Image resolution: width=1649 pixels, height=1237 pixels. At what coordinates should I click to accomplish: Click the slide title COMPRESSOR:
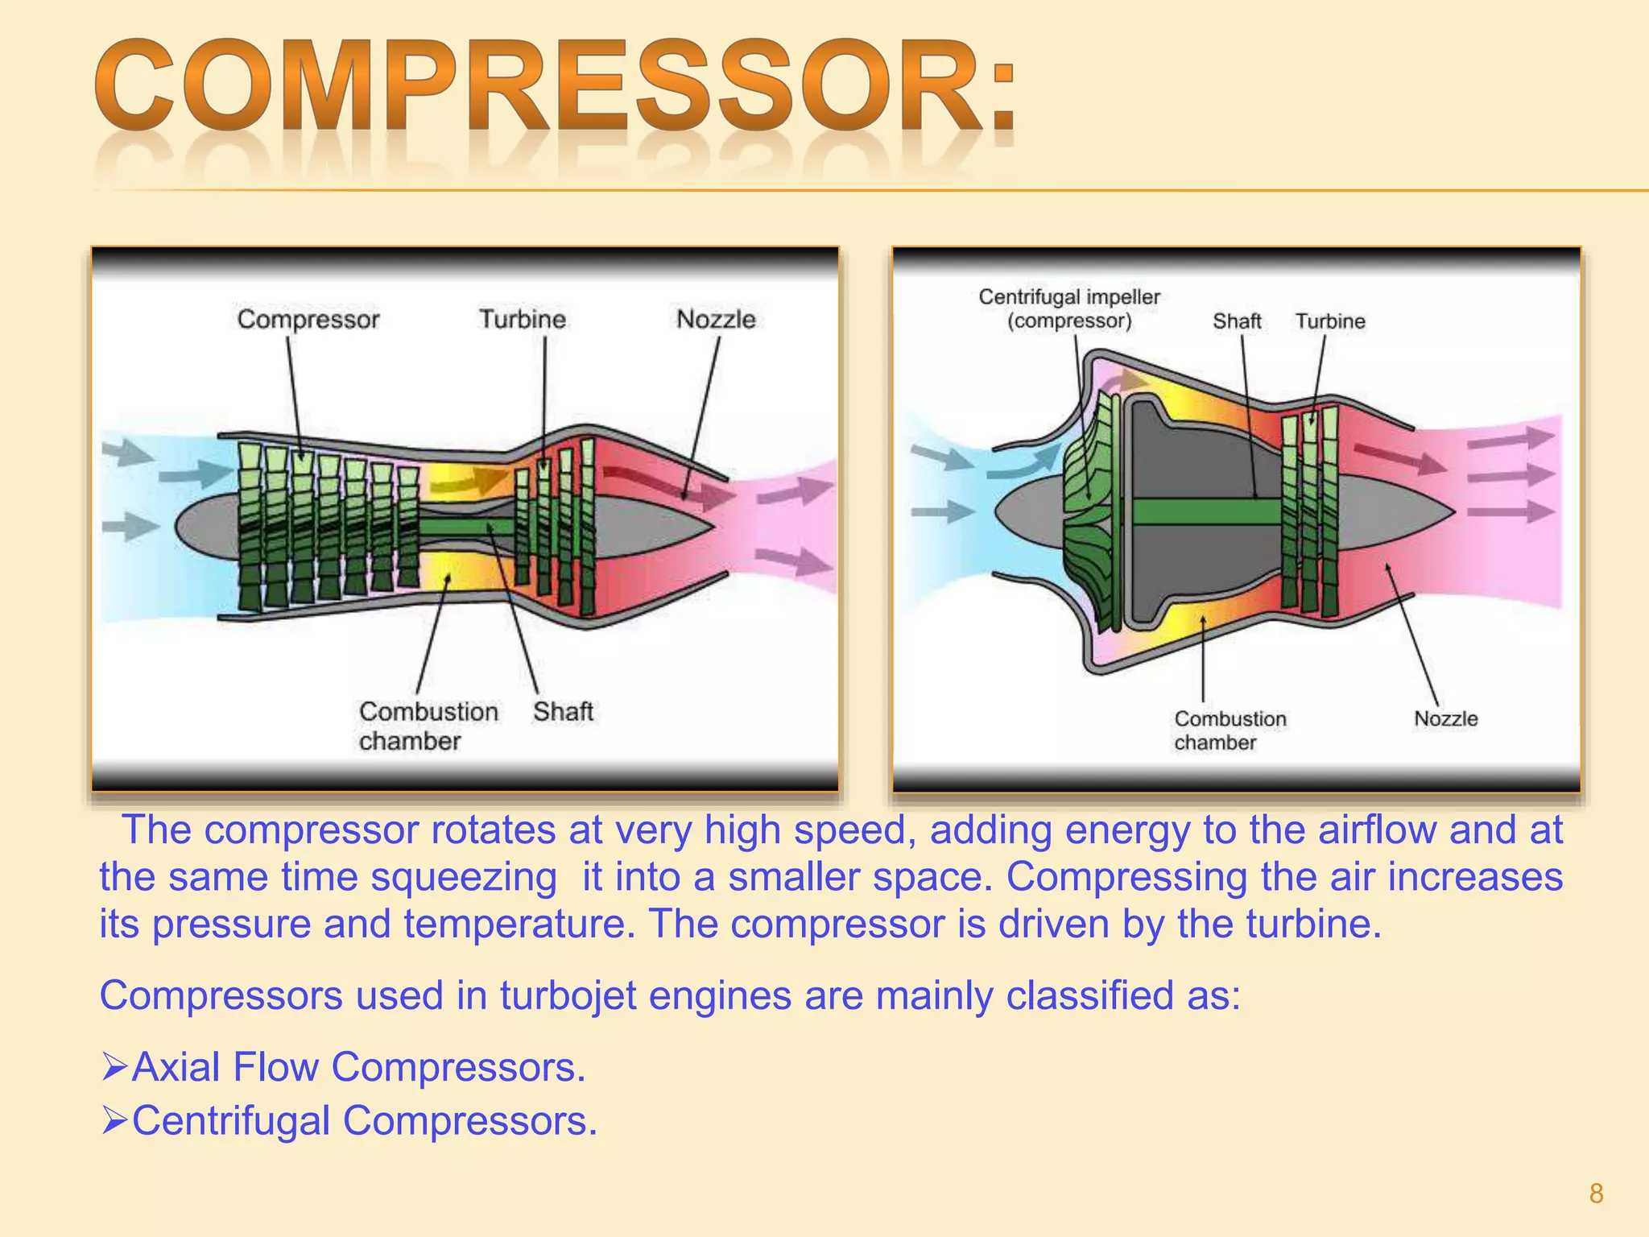[556, 87]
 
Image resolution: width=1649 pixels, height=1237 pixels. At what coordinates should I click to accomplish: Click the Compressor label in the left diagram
[308, 320]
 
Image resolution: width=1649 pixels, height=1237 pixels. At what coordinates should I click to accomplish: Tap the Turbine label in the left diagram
[523, 320]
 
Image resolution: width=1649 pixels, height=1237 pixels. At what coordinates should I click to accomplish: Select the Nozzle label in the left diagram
[716, 320]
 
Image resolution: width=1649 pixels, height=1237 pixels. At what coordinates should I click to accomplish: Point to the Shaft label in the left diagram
[563, 712]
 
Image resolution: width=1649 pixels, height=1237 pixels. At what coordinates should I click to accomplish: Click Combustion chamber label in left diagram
[428, 726]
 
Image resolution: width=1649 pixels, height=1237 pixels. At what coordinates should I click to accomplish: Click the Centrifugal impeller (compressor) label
[1069, 308]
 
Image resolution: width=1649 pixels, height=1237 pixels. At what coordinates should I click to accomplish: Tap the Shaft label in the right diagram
[1237, 321]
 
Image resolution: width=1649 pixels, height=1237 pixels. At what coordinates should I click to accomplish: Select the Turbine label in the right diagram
[1330, 321]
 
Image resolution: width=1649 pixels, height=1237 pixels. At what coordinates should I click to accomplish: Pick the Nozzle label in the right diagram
[1446, 718]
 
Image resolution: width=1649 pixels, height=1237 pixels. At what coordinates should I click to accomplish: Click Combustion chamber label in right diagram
[1230, 730]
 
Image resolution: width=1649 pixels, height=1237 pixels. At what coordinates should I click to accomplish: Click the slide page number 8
[1596, 1194]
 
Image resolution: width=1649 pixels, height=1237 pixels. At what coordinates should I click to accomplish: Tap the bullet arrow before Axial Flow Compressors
[114, 1067]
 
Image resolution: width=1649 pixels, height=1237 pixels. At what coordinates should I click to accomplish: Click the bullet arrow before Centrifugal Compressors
[114, 1120]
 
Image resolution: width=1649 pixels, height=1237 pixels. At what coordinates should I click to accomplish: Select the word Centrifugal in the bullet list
[230, 1121]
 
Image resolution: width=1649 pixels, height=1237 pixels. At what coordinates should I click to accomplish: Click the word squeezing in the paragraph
[464, 878]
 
